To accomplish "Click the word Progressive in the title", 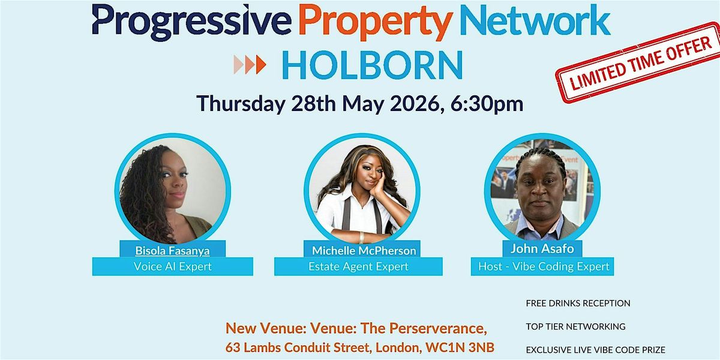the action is click(191, 22).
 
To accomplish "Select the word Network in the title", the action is click(535, 20).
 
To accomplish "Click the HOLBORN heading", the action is click(372, 65).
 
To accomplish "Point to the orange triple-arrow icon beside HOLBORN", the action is click(250, 65).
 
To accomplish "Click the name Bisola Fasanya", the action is click(172, 251).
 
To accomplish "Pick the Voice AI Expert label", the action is click(173, 266).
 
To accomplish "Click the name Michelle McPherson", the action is click(364, 251).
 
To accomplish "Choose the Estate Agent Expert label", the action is click(358, 266).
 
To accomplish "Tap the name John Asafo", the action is click(542, 249).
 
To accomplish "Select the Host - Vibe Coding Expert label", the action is click(544, 266).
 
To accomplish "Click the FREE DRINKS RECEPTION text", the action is click(578, 303).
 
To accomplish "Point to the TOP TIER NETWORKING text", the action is click(575, 326).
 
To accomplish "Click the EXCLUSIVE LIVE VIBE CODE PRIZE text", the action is click(596, 350).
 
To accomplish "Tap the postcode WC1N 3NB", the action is click(460, 347).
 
